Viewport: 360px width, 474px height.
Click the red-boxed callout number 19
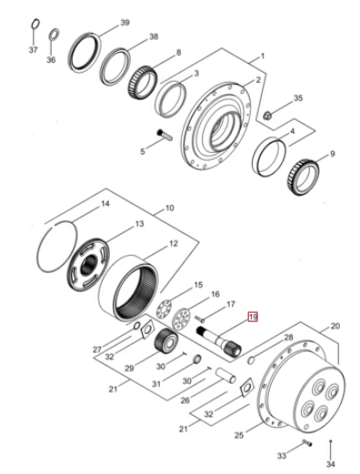[253, 317]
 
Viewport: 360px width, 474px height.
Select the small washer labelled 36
[55, 34]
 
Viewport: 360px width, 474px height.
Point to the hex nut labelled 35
[267, 116]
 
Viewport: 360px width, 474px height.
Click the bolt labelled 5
[165, 136]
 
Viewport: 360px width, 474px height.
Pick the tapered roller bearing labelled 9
[303, 176]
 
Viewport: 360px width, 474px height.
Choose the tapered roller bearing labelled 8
[143, 82]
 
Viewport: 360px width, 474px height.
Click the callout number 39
[125, 23]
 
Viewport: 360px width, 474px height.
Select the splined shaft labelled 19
[219, 342]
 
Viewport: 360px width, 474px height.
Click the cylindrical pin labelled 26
[225, 375]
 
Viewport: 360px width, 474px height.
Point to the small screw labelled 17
[199, 318]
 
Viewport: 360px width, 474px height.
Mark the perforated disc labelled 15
[164, 308]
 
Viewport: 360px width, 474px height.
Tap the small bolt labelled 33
[307, 444]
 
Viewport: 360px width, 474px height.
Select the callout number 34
[331, 464]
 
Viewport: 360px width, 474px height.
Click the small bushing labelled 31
[197, 358]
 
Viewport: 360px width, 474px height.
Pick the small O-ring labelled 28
[251, 360]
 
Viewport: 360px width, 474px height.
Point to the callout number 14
[105, 203]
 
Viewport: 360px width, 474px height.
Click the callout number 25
[239, 435]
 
